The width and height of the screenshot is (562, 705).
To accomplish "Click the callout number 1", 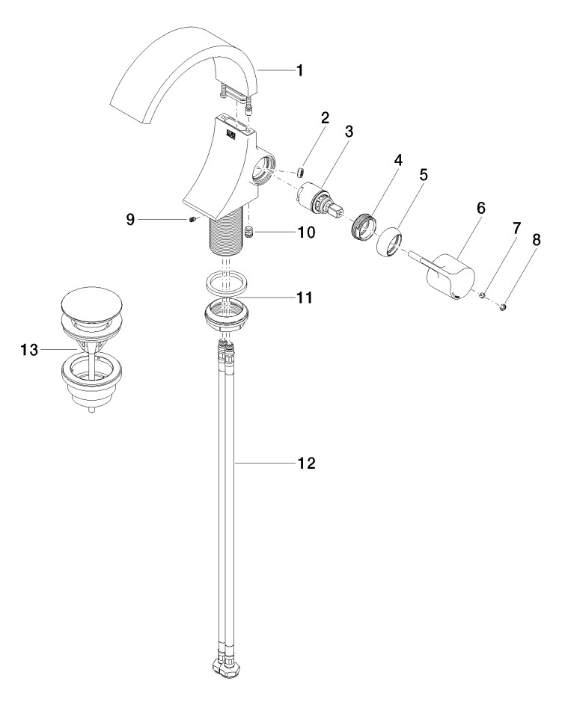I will point(299,71).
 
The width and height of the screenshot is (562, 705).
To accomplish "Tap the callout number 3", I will point(349,132).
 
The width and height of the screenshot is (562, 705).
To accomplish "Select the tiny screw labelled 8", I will point(504,306).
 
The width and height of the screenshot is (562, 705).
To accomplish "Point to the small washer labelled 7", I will point(483,297).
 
